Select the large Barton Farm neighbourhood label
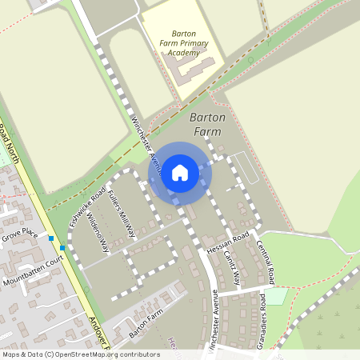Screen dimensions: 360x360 pyautogui.click(x=208, y=124)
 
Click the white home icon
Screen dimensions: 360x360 pyautogui.click(x=180, y=172)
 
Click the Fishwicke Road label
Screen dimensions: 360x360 pyautogui.click(x=87, y=206)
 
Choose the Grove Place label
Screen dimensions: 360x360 pyautogui.click(x=20, y=234)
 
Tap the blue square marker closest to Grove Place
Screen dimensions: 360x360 pyautogui.click(x=50, y=238)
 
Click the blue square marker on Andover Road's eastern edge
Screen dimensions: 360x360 pyautogui.click(x=62, y=247)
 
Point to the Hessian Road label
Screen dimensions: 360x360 pyautogui.click(x=228, y=245)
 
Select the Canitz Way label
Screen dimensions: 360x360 pyautogui.click(x=233, y=268)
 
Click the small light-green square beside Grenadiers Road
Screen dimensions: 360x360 pyautogui.click(x=276, y=296)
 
